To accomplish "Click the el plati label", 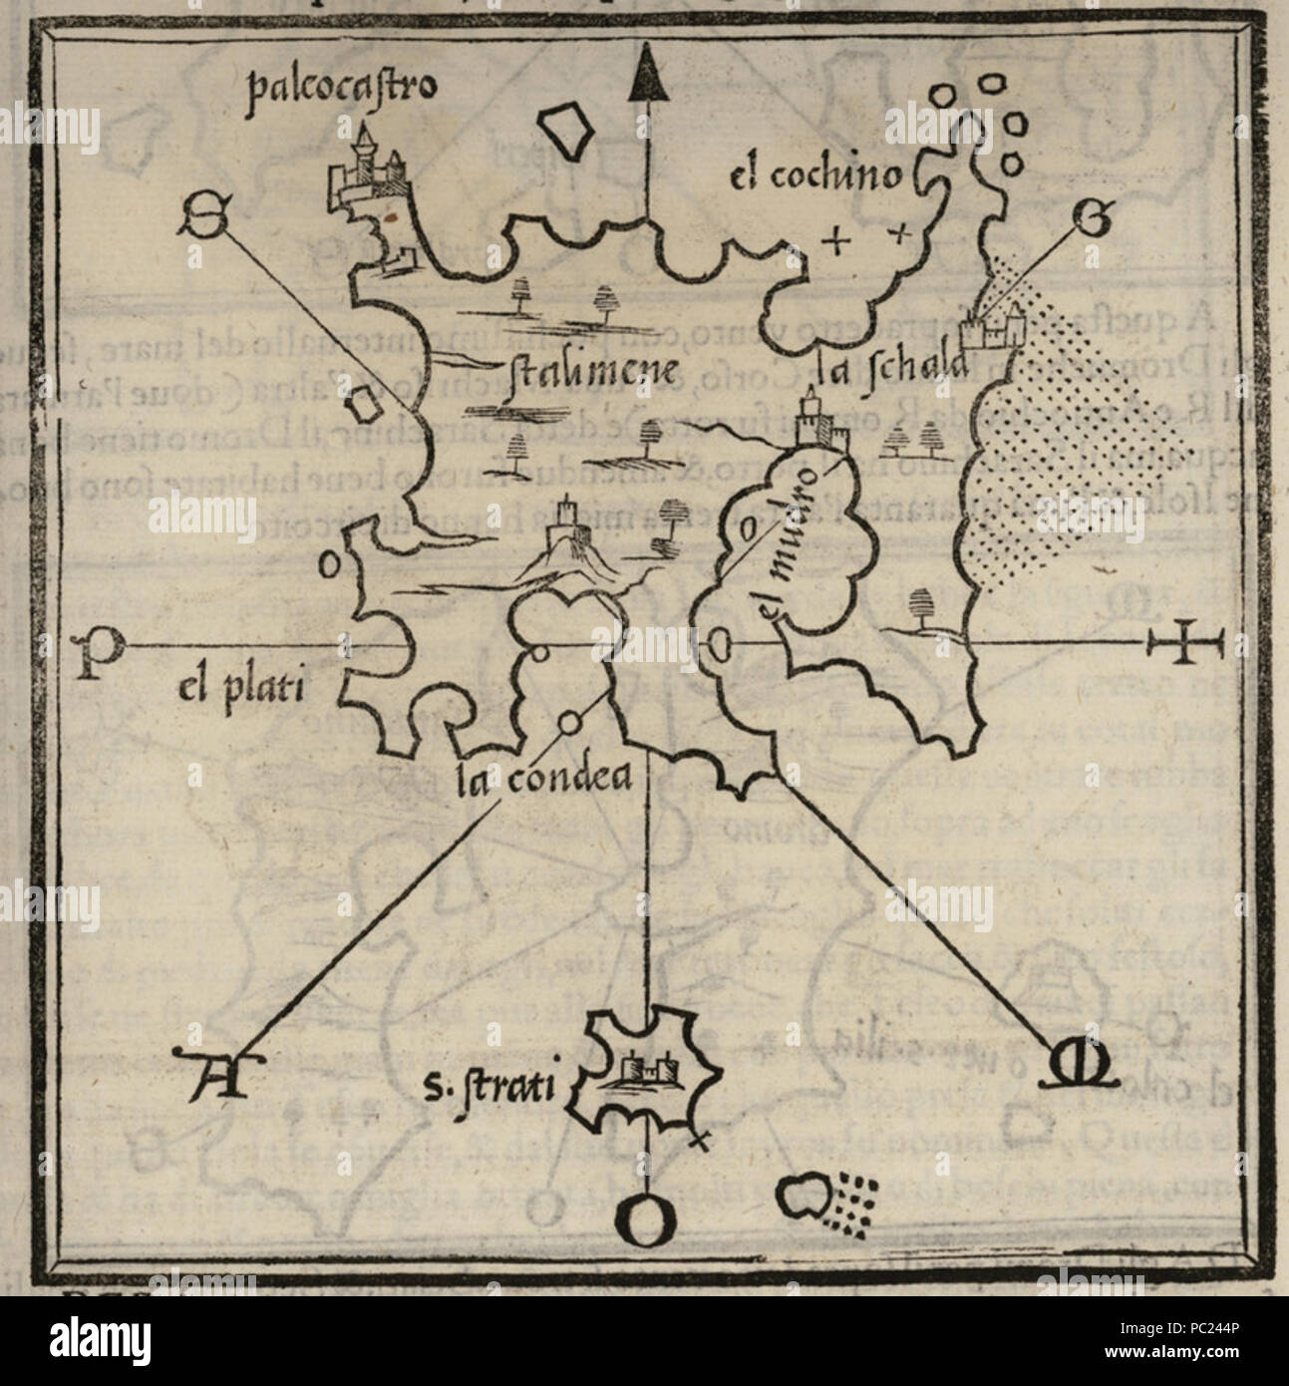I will click(238, 687).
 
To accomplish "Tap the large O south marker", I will click(646, 1220).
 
